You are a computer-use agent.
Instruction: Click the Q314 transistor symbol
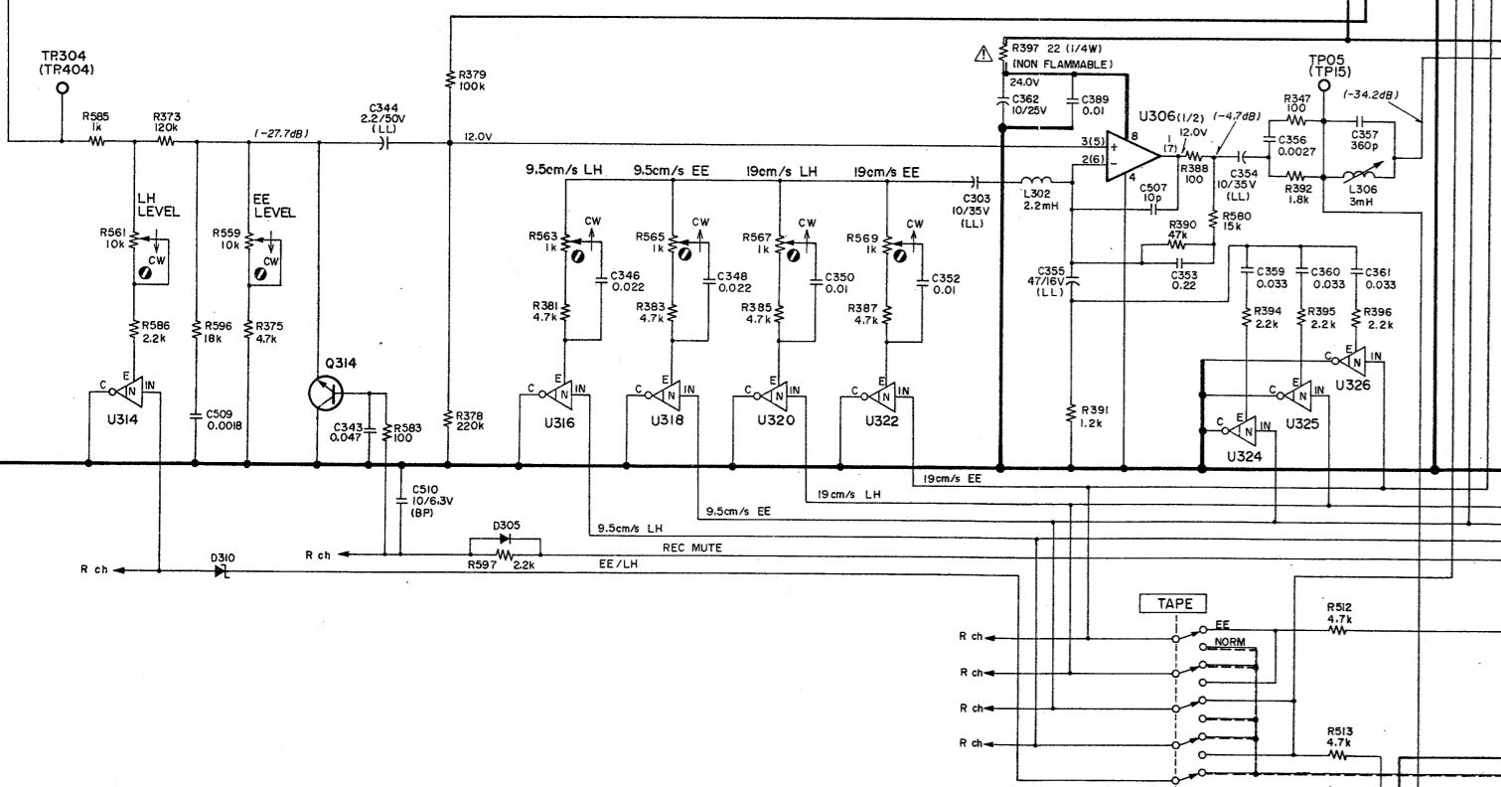click(327, 392)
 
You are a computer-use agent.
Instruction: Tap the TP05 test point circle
click(1323, 85)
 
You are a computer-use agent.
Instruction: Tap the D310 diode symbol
click(221, 571)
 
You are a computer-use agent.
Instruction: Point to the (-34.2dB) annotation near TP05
click(1370, 95)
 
